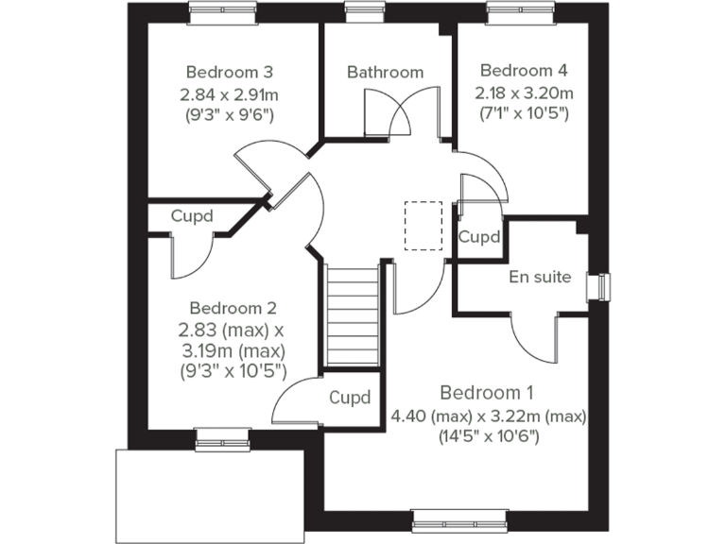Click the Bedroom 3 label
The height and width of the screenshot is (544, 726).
(x=230, y=72)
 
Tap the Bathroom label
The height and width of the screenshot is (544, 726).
(x=385, y=72)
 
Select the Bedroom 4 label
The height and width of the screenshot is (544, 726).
(x=524, y=70)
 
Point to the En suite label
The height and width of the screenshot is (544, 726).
(x=540, y=277)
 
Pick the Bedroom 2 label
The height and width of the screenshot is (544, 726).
(x=233, y=308)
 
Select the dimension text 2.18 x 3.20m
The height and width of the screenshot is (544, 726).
(x=524, y=93)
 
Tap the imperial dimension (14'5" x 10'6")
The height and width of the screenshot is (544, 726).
(x=488, y=436)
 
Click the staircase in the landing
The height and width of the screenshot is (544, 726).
(x=352, y=316)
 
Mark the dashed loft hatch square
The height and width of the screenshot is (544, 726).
(x=423, y=225)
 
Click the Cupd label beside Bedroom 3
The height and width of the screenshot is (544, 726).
(x=191, y=216)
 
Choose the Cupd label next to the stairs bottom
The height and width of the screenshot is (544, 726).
(x=349, y=398)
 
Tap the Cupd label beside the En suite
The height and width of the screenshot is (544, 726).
(x=479, y=238)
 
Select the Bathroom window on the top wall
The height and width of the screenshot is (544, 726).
(x=359, y=11)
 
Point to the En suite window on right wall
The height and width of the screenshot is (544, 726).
(x=600, y=285)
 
